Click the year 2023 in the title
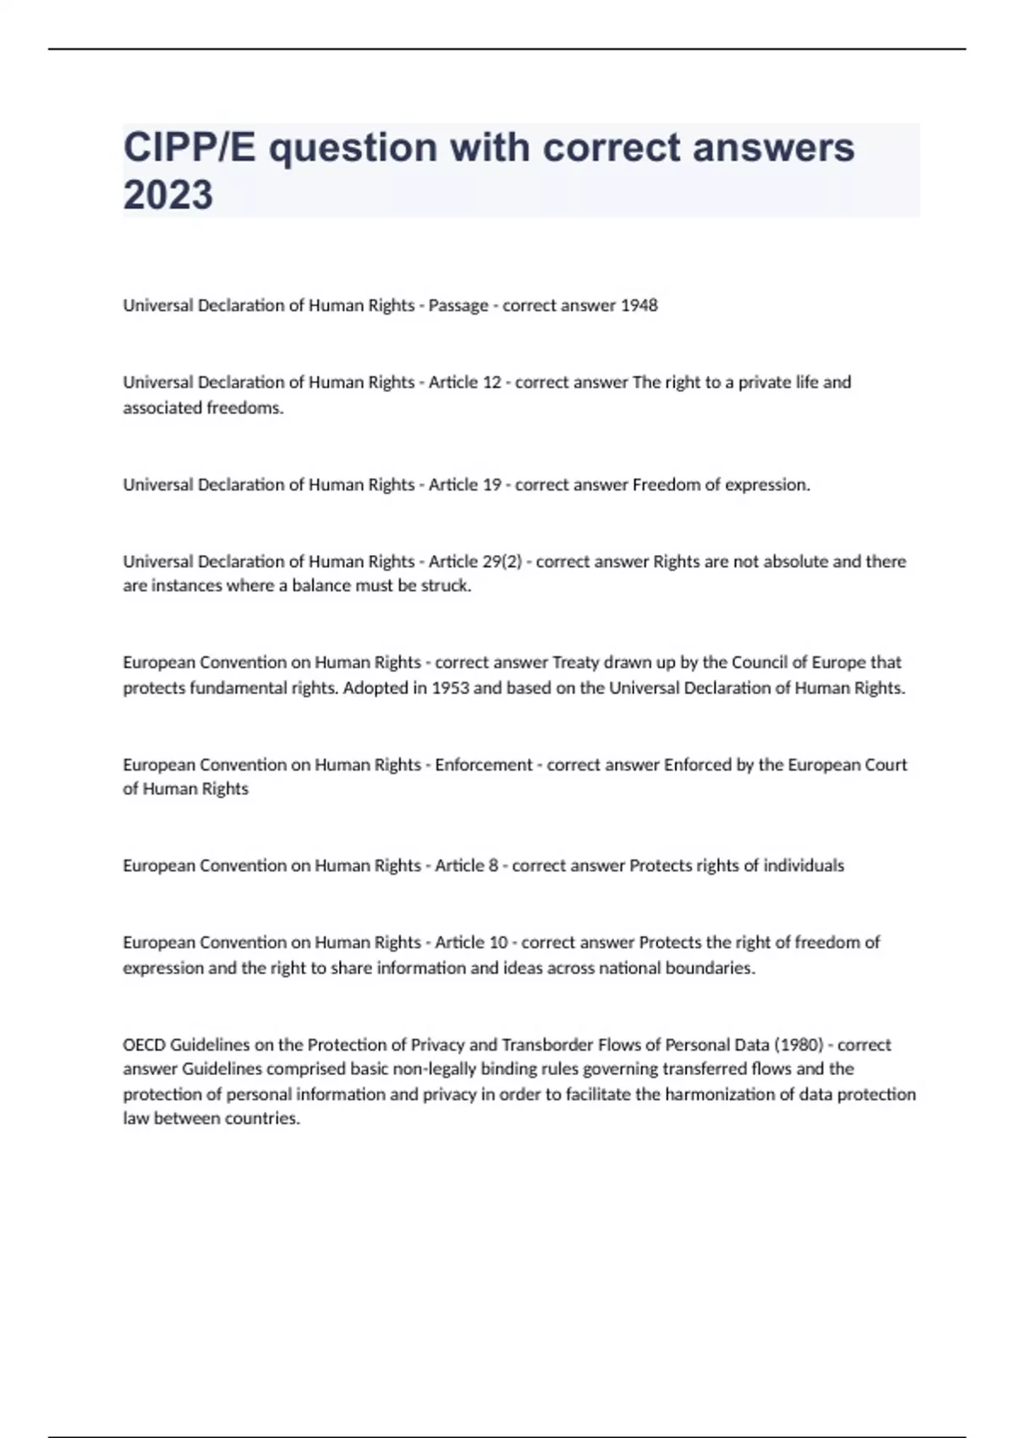[167, 195]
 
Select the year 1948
[639, 305]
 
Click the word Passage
[458, 305]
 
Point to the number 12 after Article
[491, 382]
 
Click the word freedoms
[245, 408]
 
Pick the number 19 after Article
[491, 485]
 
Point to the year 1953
[450, 688]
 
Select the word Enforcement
[484, 765]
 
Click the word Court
[886, 765]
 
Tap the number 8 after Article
[492, 865]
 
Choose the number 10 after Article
[497, 942]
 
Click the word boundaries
[712, 968]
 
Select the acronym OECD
[145, 1045]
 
